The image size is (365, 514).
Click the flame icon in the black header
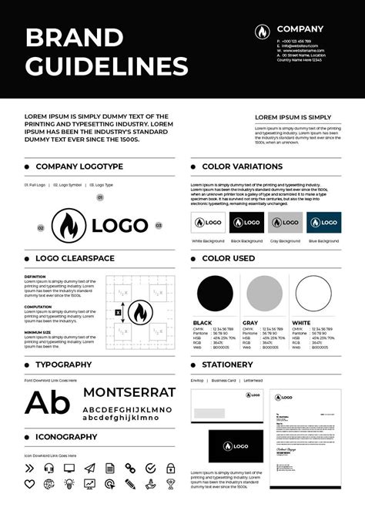[263, 32]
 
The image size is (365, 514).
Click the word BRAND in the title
[74, 37]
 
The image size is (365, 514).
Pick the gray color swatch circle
[264, 293]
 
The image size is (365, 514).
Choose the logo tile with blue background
[323, 223]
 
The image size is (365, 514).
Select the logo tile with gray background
[285, 223]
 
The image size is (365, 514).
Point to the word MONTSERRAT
[129, 391]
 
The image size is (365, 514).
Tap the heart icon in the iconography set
[30, 483]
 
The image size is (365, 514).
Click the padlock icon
[169, 467]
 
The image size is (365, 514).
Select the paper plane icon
[89, 467]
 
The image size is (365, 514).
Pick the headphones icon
[49, 467]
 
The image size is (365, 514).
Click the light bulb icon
[69, 483]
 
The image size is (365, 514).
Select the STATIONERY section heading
[227, 365]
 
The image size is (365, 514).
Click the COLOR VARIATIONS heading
[242, 166]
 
